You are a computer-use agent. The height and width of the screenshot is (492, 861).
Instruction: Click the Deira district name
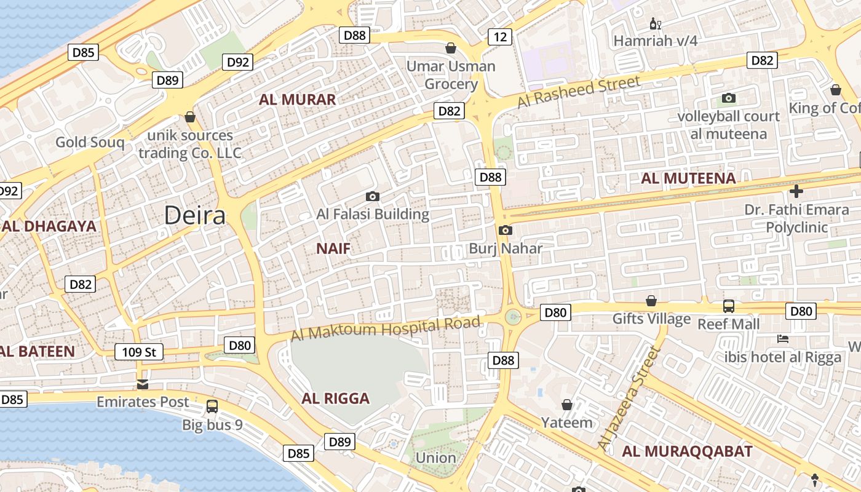point(195,215)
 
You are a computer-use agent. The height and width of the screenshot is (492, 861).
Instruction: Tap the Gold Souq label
point(90,143)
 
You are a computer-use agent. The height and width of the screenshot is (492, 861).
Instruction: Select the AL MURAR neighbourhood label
point(297,100)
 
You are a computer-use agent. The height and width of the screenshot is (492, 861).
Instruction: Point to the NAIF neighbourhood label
point(333,248)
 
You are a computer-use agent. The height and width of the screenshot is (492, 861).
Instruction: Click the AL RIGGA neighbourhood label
point(336,399)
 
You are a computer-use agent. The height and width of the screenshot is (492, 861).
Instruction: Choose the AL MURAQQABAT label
point(687,451)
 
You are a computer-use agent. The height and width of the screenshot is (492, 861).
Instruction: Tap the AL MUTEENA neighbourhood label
point(688,178)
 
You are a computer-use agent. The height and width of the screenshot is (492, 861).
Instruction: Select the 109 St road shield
point(140,352)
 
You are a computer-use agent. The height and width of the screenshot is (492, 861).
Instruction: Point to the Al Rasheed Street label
point(578,92)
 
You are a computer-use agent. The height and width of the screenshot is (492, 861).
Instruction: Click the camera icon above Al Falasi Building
point(372,197)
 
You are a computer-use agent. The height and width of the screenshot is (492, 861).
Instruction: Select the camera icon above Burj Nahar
point(506,231)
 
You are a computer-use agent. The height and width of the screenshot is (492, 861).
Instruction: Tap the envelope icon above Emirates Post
point(143,385)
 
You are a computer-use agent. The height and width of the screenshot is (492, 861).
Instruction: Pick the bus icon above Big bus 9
point(212,407)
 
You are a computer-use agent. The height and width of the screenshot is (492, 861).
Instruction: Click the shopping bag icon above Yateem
point(567,405)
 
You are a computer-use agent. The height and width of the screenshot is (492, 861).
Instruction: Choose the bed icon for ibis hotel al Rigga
point(783,339)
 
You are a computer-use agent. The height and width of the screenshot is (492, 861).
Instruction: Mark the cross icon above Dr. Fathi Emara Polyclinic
point(796,191)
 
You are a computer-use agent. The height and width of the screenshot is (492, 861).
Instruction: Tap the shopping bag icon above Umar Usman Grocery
point(451,48)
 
